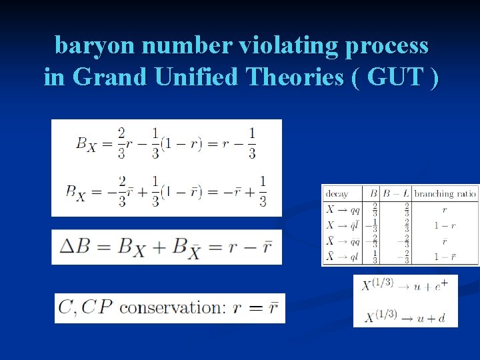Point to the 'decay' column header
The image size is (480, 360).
[337, 194]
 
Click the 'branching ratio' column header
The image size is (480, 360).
[445, 194]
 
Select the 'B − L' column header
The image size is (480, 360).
[396, 194]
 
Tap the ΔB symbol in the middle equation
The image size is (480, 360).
[74, 246]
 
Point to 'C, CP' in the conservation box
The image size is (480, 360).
[85, 307]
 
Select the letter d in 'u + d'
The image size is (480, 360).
[441, 318]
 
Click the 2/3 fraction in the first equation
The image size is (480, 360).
[121, 143]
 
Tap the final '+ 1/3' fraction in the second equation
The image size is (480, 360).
[262, 191]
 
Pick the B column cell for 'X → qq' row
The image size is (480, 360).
[375, 209]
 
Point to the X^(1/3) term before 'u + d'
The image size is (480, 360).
[377, 317]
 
